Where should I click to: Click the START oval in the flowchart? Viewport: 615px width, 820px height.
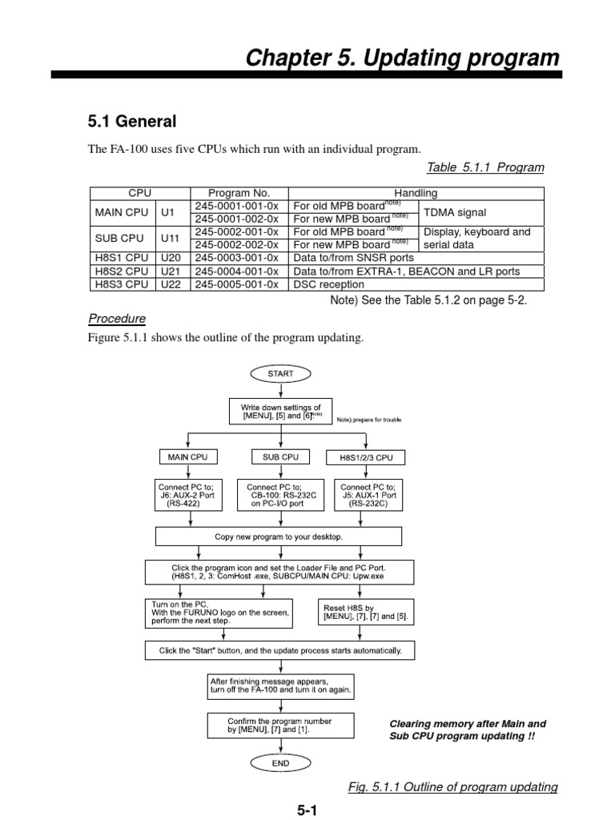point(280,373)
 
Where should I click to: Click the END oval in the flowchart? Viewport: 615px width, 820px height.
point(280,763)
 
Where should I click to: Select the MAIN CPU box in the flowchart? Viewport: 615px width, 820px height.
point(187,457)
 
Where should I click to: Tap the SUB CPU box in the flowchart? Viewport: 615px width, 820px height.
point(280,457)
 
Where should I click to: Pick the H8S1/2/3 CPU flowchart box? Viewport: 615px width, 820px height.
point(367,458)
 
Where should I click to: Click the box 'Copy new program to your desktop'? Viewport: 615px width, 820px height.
point(279,537)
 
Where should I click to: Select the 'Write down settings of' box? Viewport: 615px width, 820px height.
point(280,412)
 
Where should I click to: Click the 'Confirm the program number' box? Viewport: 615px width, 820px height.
point(279,726)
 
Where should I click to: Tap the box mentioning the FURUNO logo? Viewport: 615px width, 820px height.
point(218,613)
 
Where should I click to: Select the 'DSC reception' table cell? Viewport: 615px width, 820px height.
point(328,284)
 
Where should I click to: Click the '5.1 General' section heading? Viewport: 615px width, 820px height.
point(131,122)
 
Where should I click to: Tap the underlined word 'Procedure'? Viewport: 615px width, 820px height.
point(117,319)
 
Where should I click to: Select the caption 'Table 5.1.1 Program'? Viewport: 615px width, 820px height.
point(485,167)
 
